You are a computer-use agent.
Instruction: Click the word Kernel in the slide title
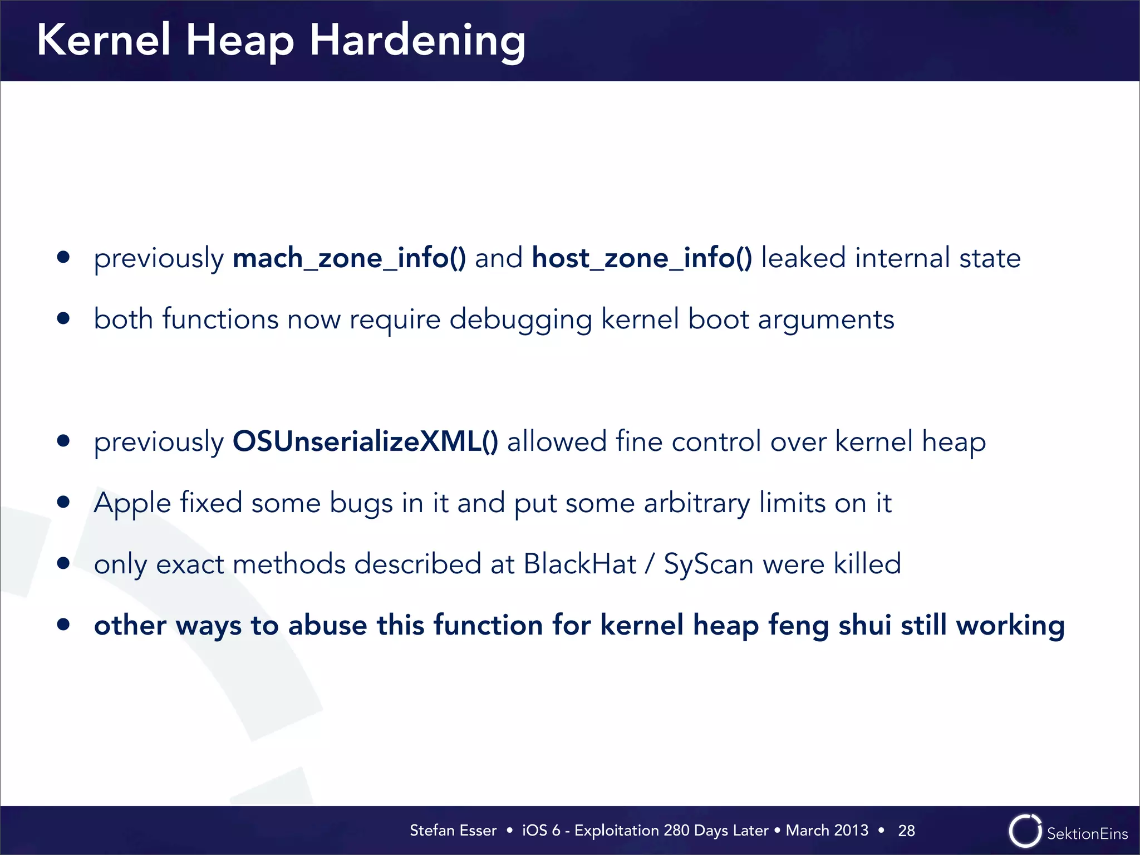[x=104, y=40]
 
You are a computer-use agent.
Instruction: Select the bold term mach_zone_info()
[x=349, y=258]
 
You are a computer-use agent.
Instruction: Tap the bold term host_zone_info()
[x=642, y=258]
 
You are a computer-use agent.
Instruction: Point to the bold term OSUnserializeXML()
[x=365, y=442]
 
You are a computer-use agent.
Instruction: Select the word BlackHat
[x=579, y=564]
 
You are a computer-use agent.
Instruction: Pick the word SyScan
[x=709, y=564]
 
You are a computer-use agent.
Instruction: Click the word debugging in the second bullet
[x=520, y=320]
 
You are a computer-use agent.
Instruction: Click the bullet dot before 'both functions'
[x=63, y=318]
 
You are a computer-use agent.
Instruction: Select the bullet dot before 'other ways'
[x=63, y=625]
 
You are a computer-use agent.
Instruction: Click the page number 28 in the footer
[x=906, y=831]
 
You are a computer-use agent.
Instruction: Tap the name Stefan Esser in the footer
[x=453, y=831]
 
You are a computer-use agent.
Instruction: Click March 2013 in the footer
[x=827, y=831]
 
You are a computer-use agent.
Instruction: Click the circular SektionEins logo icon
[x=1024, y=831]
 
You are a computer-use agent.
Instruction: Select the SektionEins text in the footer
[x=1087, y=833]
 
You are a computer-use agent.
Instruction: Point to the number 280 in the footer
[x=676, y=831]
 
